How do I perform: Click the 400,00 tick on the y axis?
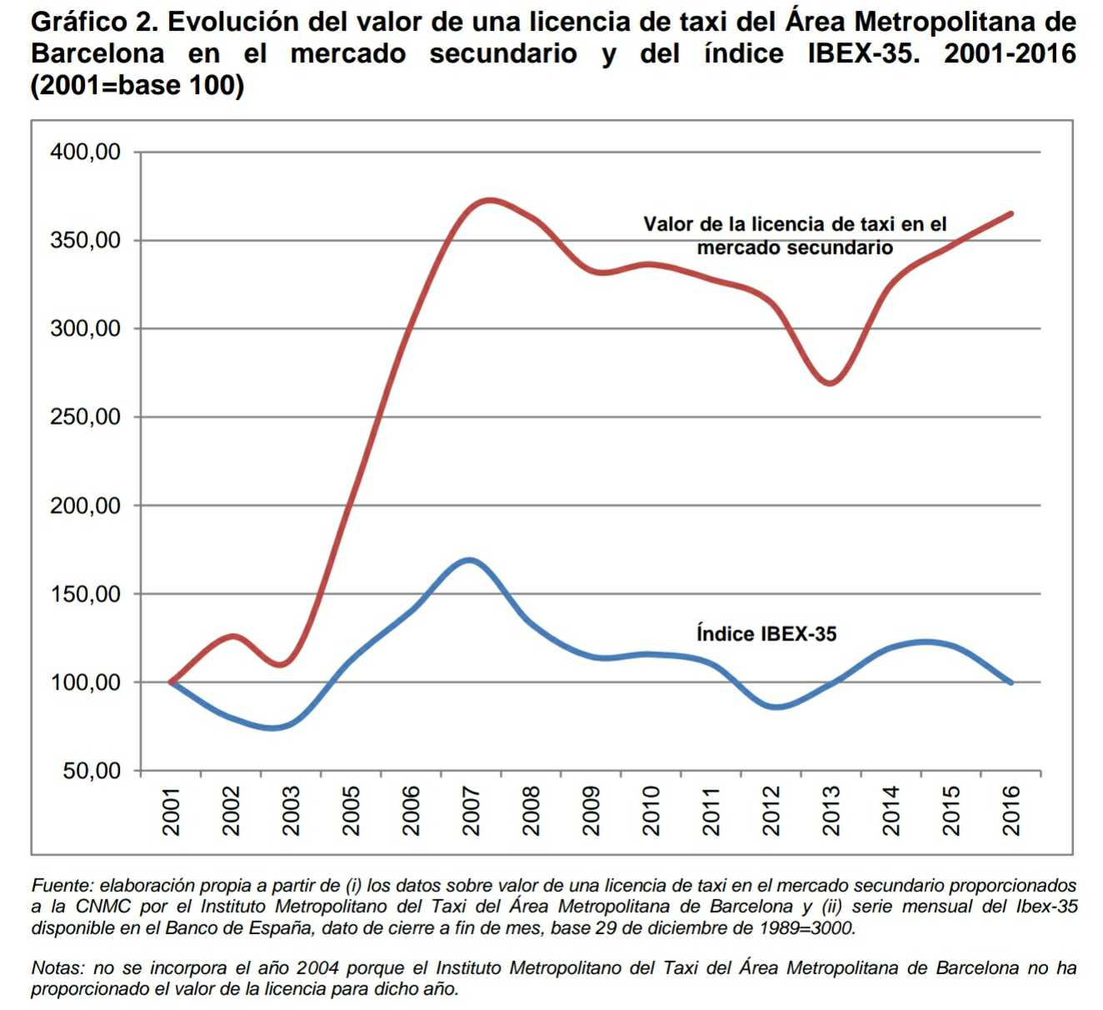[x=85, y=152]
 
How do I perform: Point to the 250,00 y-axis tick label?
[x=85, y=417]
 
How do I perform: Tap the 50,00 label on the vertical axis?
[x=92, y=771]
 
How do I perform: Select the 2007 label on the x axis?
[x=472, y=810]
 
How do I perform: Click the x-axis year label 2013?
[x=831, y=810]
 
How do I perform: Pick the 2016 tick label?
[x=1011, y=810]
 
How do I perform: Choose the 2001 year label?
[x=172, y=810]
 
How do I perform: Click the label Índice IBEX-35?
[x=766, y=634]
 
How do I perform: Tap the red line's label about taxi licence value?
[x=795, y=236]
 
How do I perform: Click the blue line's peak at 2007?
[x=470, y=560]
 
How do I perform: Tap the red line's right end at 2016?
[x=1011, y=213]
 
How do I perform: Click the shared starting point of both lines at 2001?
[x=172, y=682]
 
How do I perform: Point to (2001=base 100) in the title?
[x=137, y=85]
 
